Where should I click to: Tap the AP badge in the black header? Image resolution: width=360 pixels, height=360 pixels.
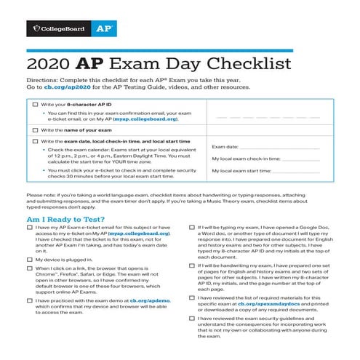point(100,30)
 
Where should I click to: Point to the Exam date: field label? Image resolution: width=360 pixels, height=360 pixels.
point(225,146)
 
